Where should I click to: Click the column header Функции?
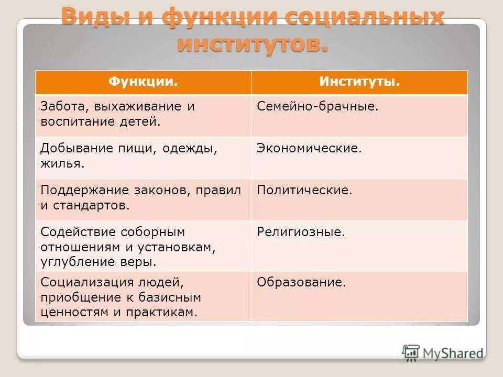(143, 82)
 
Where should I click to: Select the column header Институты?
(359, 82)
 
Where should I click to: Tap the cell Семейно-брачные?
(318, 106)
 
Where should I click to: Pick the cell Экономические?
(309, 148)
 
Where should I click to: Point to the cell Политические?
(304, 190)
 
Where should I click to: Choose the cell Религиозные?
(301, 231)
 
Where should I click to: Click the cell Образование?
(301, 283)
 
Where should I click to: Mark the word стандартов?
(98, 205)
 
